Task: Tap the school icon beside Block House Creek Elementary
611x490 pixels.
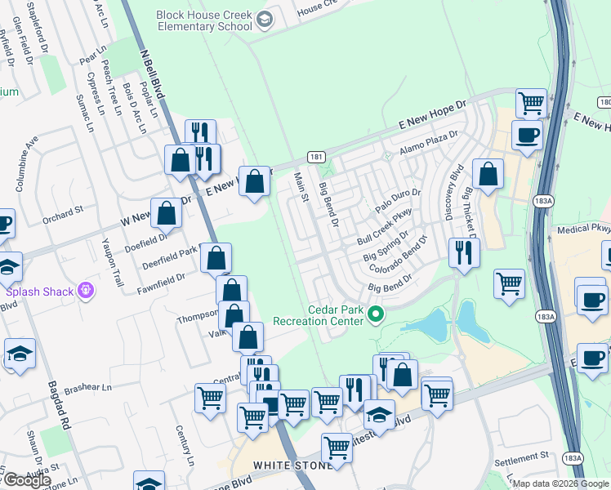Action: [265, 19]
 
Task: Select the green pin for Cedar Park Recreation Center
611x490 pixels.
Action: [376, 314]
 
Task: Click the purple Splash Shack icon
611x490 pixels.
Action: [85, 291]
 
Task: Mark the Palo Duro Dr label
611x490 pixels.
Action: [398, 201]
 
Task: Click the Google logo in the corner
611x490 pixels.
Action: [27, 480]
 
